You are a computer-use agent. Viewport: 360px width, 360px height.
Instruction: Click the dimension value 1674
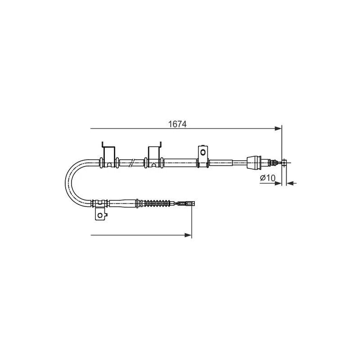(x=177, y=124)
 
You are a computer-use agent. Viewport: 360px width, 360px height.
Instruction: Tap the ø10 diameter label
(x=267, y=177)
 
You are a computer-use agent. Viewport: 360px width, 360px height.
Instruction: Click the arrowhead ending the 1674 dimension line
(x=278, y=129)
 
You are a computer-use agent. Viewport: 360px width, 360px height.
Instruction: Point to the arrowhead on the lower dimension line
(x=188, y=235)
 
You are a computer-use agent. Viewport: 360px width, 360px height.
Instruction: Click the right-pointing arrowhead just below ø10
(x=278, y=183)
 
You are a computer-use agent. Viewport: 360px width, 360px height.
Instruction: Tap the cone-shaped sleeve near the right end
(x=254, y=162)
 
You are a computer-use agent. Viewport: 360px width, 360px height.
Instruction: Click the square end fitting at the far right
(x=284, y=162)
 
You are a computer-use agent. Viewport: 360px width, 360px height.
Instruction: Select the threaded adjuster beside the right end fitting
(x=272, y=162)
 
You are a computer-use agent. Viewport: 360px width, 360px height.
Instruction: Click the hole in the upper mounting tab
(x=203, y=152)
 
